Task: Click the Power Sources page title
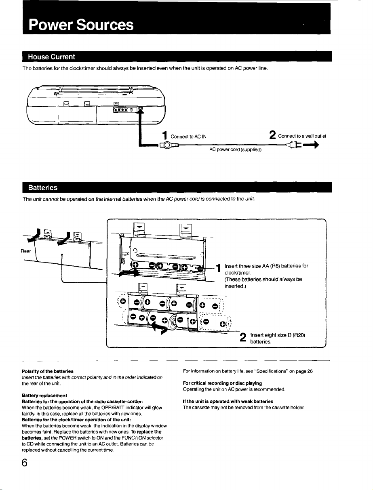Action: coord(81,25)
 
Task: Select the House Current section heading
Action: coord(51,57)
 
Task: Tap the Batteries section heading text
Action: coord(43,187)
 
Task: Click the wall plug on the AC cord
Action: coord(294,145)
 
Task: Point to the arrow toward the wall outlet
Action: coord(311,145)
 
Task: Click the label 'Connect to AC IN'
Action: coord(188,137)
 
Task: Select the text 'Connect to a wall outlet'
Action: coord(302,136)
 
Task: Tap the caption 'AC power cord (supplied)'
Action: coord(235,149)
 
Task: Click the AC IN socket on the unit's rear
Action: coord(140,109)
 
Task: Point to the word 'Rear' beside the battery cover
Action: coord(26,251)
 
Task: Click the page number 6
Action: coord(24,463)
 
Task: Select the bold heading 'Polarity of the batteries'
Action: coord(48,371)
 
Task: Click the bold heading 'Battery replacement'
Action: coord(44,395)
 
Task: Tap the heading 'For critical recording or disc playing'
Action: coord(222,383)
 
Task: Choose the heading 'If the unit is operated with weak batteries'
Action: coord(228,401)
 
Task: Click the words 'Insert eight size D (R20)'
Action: coord(278,335)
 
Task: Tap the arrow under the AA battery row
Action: coord(129,273)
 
